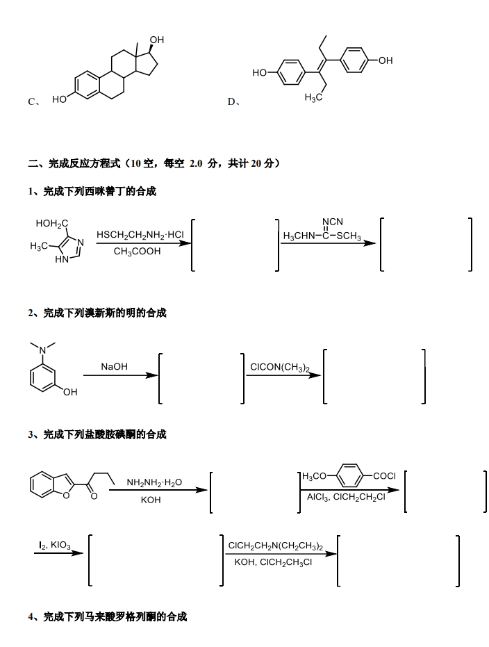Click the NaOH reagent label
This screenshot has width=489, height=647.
(114, 366)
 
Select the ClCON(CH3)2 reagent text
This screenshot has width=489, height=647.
(280, 368)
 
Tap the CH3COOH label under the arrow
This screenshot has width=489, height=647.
(138, 252)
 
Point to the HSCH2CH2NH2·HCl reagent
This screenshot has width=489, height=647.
(140, 235)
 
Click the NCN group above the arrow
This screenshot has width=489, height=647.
(333, 222)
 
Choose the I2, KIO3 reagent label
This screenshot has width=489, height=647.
(55, 545)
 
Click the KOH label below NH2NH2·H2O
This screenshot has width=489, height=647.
(151, 500)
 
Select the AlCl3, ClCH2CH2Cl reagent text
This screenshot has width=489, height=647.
(346, 497)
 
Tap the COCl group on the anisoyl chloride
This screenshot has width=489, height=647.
(384, 476)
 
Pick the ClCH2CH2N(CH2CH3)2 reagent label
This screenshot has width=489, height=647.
(276, 546)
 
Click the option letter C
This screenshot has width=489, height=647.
(32, 101)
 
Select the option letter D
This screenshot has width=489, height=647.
(231, 101)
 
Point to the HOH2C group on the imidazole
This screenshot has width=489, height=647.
(52, 224)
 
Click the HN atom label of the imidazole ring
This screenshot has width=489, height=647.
(62, 259)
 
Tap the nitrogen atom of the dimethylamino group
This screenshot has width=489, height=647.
(42, 351)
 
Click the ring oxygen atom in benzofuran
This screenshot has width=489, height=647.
(67, 495)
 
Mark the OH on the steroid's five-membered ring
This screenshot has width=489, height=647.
(157, 40)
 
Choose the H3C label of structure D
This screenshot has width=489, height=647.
(313, 98)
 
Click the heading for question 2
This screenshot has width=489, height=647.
(97, 313)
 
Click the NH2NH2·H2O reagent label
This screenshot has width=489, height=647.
(154, 482)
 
